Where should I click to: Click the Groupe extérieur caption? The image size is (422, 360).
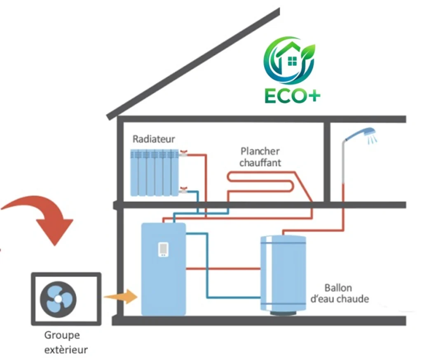[x=66, y=342]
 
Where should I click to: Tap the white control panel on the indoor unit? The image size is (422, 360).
[x=163, y=249]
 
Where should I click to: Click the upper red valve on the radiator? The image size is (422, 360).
[x=183, y=154]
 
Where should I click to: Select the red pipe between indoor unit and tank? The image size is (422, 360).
[x=223, y=269]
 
